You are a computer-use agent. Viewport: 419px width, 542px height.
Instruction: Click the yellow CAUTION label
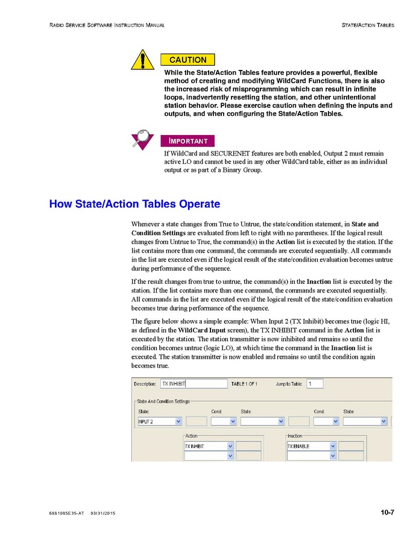pos(187,60)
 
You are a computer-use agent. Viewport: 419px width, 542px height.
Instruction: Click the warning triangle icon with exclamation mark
pos(143,60)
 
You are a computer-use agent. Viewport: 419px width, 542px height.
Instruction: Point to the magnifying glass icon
pos(143,139)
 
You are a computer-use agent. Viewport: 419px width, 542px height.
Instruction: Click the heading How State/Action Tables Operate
pos(134,204)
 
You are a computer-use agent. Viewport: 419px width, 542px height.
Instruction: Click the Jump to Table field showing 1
pos(315,383)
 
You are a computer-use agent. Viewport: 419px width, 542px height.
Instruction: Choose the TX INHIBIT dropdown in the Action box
pos(209,446)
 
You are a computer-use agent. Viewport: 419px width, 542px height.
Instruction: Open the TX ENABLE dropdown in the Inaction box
pos(311,446)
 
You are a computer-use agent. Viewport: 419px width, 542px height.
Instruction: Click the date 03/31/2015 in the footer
pos(103,513)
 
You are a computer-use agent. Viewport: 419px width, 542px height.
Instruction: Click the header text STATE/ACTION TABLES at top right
pos(368,25)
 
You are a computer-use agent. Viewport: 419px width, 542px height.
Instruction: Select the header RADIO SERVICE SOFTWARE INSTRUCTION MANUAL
pos(107,25)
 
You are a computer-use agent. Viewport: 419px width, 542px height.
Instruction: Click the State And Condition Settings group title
pos(163,402)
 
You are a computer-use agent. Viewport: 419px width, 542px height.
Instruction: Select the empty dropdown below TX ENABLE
pos(311,456)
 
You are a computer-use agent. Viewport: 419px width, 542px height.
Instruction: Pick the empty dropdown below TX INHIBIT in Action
pos(209,456)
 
